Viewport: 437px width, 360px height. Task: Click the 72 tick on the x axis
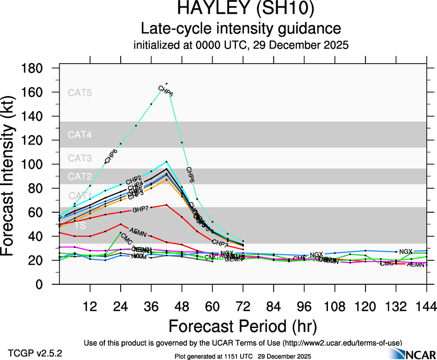243,306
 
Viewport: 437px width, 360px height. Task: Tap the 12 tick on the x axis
90,306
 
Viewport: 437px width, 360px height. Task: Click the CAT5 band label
80,92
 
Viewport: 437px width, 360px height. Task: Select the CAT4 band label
80,135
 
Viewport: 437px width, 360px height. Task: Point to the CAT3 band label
80,158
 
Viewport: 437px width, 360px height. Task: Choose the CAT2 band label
80,176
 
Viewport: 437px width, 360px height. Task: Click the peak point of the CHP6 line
166,84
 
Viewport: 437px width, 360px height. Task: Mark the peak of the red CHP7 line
166,204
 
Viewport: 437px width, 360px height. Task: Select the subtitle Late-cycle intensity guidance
241,29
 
